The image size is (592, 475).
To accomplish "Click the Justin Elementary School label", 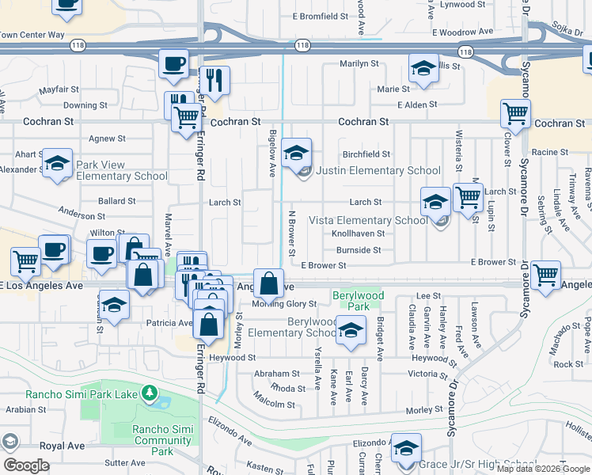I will tap(378, 170).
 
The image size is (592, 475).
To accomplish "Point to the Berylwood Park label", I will tap(351, 299).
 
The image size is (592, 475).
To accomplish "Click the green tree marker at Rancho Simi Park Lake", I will tap(148, 393).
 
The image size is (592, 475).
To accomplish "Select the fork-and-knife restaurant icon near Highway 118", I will tap(213, 79).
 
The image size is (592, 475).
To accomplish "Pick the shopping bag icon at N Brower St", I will tap(269, 282).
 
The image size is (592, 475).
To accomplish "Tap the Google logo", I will tap(25, 465).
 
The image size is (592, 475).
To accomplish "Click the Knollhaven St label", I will tap(358, 234).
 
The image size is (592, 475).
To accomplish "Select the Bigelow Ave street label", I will tap(272, 153).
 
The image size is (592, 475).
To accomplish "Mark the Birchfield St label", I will tap(366, 154).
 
